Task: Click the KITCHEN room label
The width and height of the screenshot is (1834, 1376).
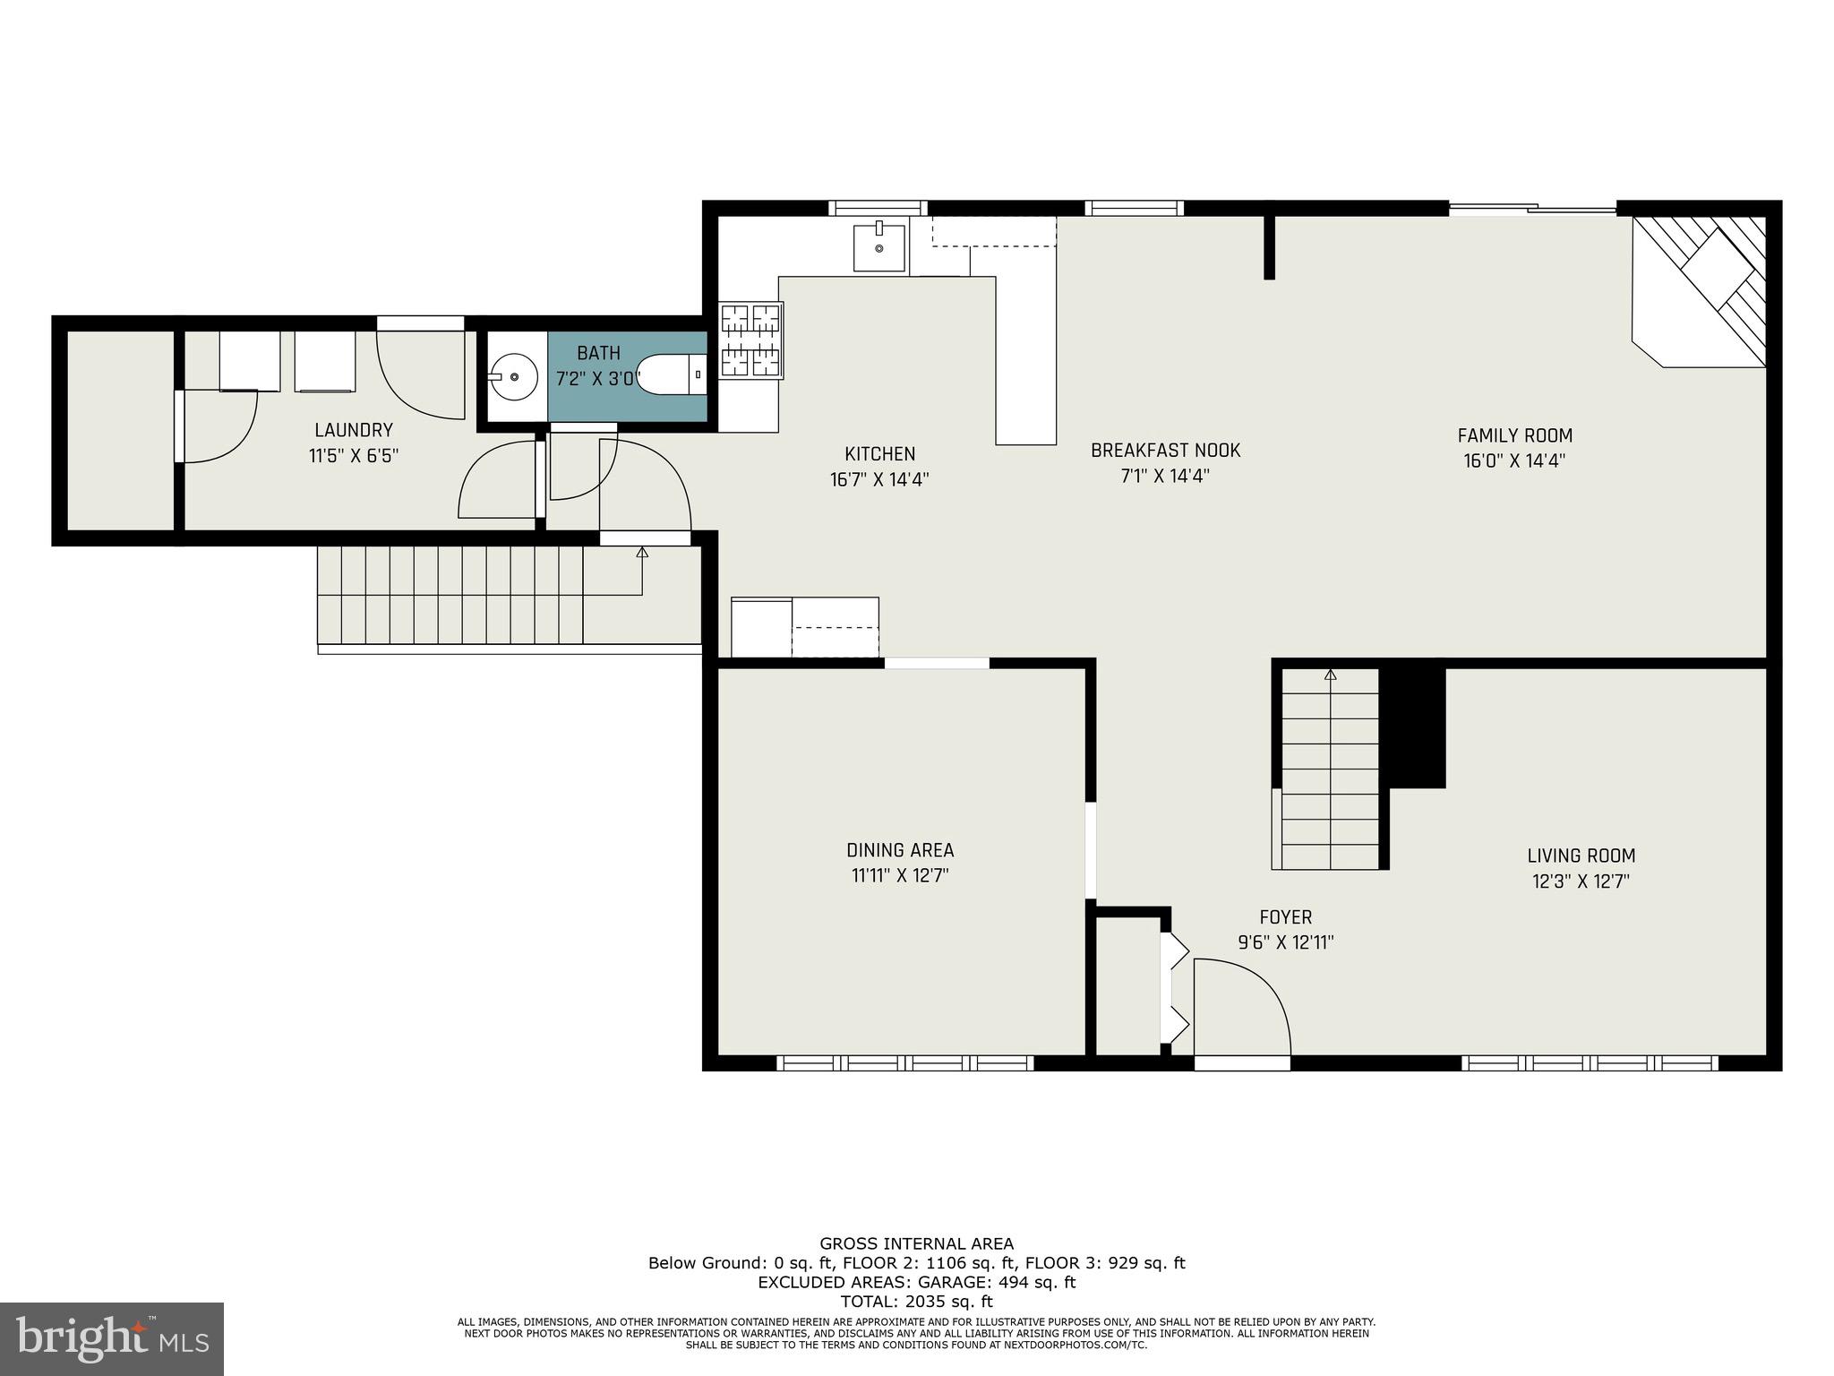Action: click(x=879, y=454)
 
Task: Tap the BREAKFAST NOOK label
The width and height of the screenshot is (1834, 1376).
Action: click(x=1165, y=450)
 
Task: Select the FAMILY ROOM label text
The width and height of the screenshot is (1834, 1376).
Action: click(x=1514, y=435)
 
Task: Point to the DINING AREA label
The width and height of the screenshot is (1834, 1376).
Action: click(x=900, y=850)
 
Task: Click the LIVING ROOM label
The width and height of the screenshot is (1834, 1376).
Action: click(x=1581, y=856)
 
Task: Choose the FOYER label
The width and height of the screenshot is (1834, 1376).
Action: click(x=1285, y=917)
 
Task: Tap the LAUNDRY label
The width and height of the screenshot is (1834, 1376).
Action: click(x=353, y=430)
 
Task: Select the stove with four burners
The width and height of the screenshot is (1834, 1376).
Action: click(x=751, y=340)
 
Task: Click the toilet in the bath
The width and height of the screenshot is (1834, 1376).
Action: click(x=672, y=375)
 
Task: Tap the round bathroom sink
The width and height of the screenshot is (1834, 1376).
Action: click(x=514, y=377)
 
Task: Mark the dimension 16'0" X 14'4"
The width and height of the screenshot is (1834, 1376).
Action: click(x=1514, y=461)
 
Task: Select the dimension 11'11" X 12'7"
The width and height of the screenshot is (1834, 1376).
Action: click(x=900, y=875)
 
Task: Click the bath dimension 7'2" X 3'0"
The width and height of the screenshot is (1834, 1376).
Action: click(x=598, y=379)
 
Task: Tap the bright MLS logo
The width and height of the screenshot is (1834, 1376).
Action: click(x=112, y=1338)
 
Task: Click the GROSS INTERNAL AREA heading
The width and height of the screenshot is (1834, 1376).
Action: click(x=916, y=1243)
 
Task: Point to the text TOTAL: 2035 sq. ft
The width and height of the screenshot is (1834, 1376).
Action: click(x=916, y=1302)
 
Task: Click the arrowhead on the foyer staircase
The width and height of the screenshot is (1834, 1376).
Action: click(x=1330, y=675)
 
